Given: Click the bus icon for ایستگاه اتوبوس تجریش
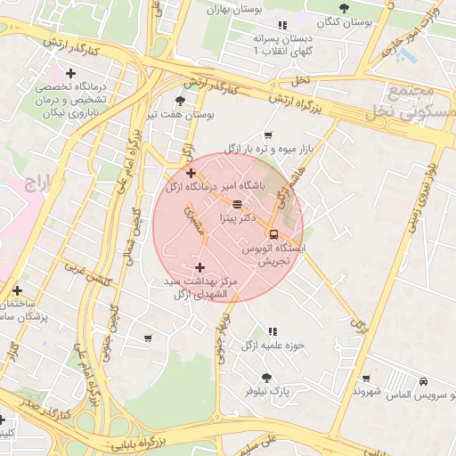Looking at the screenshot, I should pyautogui.click(x=273, y=235).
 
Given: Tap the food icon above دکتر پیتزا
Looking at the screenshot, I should pyautogui.click(x=224, y=204).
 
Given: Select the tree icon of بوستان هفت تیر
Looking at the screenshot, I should pyautogui.click(x=181, y=102).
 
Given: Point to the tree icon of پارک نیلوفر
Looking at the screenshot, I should pyautogui.click(x=267, y=378).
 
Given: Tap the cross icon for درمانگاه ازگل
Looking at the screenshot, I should pyautogui.click(x=191, y=173).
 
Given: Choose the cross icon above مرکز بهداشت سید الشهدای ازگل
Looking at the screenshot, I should pyautogui.click(x=199, y=267).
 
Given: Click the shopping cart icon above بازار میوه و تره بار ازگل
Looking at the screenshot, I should pyautogui.click(x=267, y=134).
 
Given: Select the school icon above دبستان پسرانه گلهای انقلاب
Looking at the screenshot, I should pyautogui.click(x=282, y=26).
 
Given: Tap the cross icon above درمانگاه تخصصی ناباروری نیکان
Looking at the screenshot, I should pyautogui.click(x=70, y=73).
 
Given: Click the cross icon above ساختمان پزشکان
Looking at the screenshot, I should pyautogui.click(x=18, y=290).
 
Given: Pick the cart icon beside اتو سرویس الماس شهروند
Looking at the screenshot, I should pyautogui.click(x=363, y=378).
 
